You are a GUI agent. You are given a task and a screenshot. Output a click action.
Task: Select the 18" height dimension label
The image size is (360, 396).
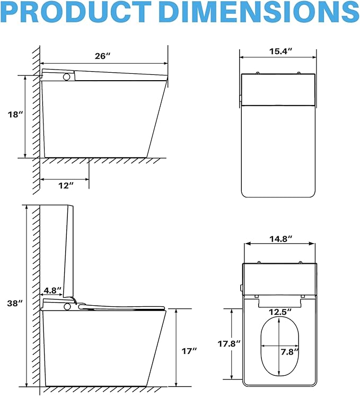(x=15, y=115)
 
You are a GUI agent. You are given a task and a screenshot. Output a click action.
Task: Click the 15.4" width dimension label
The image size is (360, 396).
(x=280, y=51)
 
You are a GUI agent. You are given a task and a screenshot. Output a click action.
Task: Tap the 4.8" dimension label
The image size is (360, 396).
(x=52, y=290)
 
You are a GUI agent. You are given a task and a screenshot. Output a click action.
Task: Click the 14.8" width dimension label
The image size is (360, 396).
(x=281, y=239)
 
